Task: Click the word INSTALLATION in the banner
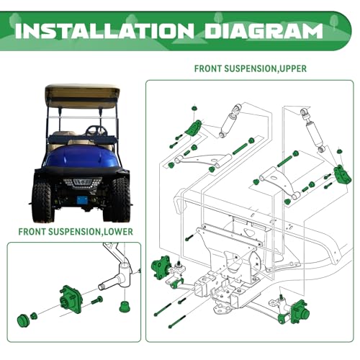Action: tap(104, 31)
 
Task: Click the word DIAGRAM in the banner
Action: tap(264, 31)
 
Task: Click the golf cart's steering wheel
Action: tap(96, 131)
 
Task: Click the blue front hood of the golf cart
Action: tap(81, 157)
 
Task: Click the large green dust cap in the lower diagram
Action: tap(24, 320)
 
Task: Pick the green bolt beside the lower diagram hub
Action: tap(97, 300)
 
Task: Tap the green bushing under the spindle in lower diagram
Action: tap(125, 306)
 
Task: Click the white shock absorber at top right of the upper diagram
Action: tap(312, 131)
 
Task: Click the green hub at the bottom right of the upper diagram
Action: tap(297, 312)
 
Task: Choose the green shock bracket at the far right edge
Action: tap(342, 175)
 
